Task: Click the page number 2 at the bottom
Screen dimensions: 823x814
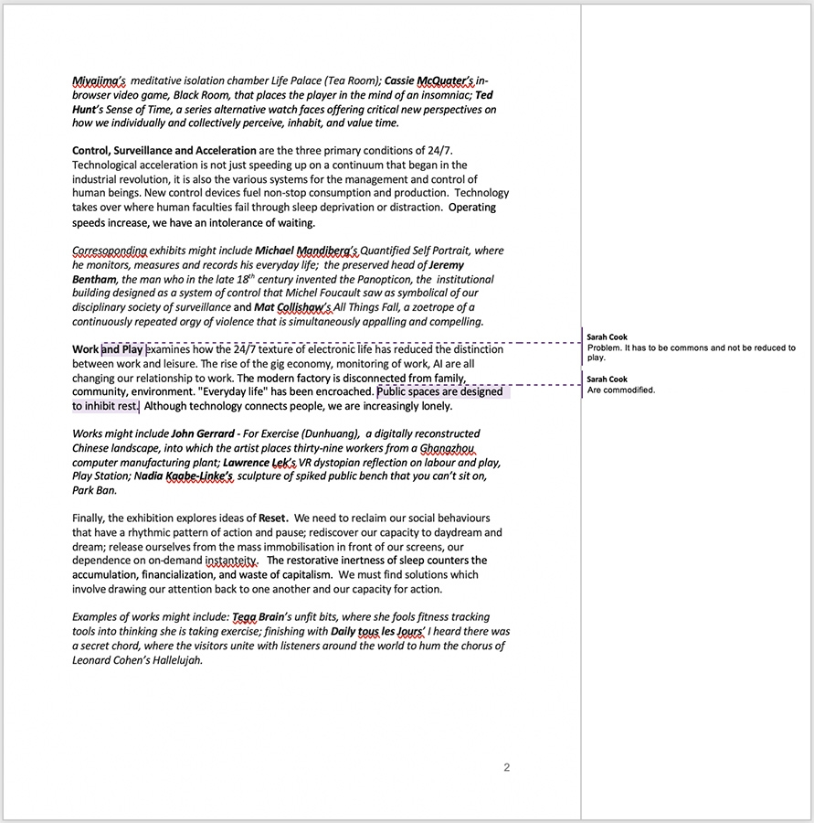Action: pos(507,767)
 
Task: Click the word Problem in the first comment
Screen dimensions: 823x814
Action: pos(606,348)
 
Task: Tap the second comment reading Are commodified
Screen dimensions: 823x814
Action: pos(621,390)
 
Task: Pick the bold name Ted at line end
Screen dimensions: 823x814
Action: pos(484,94)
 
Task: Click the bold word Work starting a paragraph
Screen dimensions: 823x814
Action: pos(85,349)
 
